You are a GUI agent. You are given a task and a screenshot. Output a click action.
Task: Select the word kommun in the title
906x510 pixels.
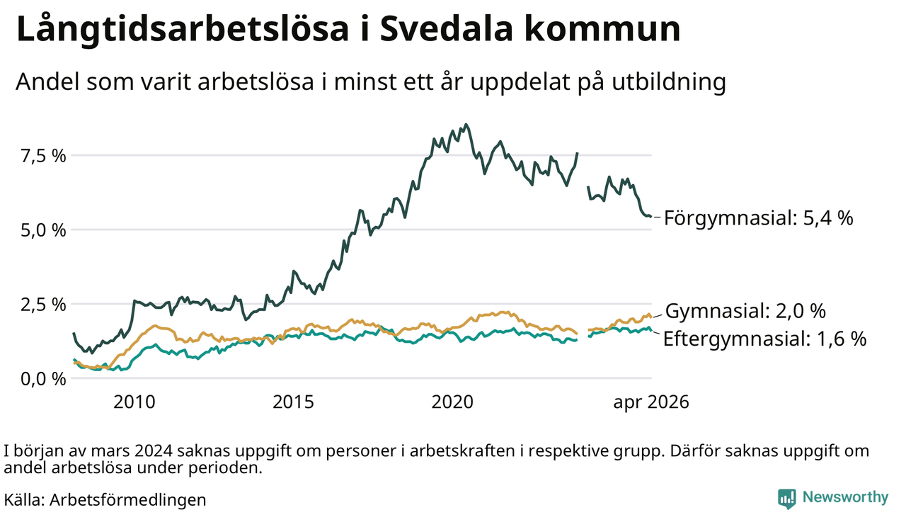point(602,30)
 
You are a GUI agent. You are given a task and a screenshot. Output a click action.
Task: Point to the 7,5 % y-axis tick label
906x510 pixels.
point(43,156)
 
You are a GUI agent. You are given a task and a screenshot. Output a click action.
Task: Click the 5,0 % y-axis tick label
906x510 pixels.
point(43,230)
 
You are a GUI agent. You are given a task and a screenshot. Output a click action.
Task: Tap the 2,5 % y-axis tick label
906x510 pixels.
point(43,305)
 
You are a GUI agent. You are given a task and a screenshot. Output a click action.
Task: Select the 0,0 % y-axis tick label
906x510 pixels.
point(43,379)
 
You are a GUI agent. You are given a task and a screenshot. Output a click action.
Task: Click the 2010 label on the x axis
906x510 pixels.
point(134,402)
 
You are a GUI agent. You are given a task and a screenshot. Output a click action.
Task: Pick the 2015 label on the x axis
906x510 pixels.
point(293,402)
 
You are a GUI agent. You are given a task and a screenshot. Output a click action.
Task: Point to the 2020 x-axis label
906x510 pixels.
point(452,402)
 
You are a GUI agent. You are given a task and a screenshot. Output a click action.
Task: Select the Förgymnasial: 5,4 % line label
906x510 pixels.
point(759,218)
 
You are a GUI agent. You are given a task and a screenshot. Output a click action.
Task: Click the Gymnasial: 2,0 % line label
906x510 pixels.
point(745,311)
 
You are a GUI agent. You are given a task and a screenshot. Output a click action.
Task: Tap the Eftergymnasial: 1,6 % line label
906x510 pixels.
point(765,339)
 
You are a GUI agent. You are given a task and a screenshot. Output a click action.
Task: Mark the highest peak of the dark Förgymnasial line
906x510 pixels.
point(466,124)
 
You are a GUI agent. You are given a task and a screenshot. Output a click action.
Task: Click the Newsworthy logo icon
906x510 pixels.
point(786,498)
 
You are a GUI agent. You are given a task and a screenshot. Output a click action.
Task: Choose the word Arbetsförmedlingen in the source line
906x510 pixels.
point(128,500)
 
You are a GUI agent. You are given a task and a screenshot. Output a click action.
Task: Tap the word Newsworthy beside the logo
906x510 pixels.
point(845,497)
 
